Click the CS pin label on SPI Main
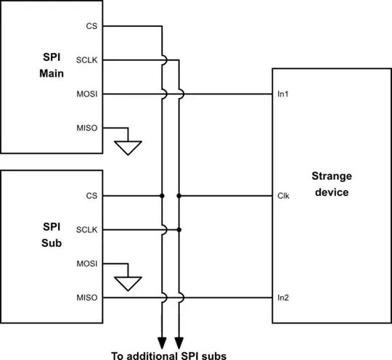tap(91, 27)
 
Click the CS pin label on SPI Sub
tap(91, 196)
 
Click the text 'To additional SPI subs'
tap(169, 355)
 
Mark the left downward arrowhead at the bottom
tap(162, 341)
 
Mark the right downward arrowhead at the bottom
tap(179, 341)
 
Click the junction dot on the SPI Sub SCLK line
tap(179, 229)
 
